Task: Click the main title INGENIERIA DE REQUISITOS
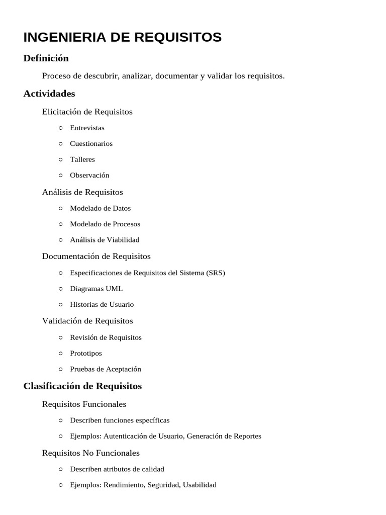point(122,37)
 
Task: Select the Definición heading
point(46,58)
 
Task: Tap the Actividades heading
point(49,94)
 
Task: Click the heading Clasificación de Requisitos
point(82,386)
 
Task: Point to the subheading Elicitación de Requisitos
point(87,112)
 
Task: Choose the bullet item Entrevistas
point(87,128)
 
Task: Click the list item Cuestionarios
point(91,144)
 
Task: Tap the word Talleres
point(82,159)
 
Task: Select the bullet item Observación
point(89,176)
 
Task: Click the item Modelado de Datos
point(100,208)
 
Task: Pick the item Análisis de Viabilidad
point(105,240)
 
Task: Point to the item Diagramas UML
point(96,289)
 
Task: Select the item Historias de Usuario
point(102,304)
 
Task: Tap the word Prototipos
point(86,353)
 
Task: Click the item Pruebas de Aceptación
point(106,369)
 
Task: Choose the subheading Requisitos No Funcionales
point(90,453)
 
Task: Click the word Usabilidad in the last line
point(200,485)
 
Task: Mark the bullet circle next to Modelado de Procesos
point(60,224)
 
